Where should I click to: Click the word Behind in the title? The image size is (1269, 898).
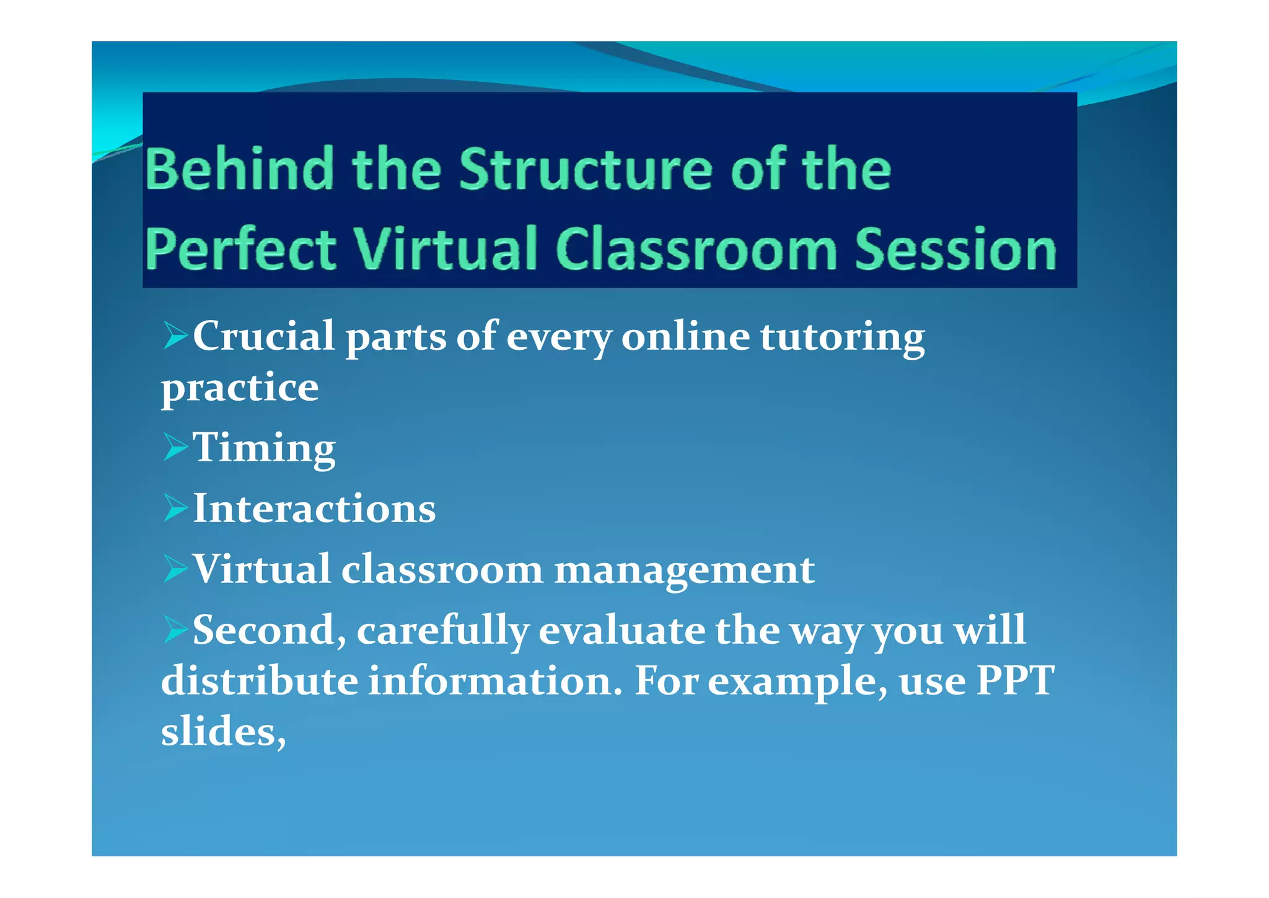[x=239, y=169]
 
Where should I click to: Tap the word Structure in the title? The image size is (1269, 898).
[x=585, y=169]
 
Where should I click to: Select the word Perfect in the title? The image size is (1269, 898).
[x=240, y=249]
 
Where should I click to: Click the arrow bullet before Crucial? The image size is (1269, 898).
[x=175, y=337]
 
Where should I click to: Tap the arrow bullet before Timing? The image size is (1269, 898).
[x=175, y=447]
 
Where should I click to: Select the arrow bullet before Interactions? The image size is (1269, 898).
[x=175, y=508]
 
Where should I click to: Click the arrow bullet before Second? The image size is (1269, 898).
[x=175, y=629]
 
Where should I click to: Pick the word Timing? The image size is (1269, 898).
[x=265, y=448]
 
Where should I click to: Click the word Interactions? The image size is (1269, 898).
[x=314, y=509]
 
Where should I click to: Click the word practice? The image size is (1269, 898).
[x=240, y=389]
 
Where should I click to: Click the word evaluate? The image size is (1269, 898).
[x=621, y=630]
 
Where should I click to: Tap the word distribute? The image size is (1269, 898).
[x=260, y=680]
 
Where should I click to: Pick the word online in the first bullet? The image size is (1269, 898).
[x=685, y=336]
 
